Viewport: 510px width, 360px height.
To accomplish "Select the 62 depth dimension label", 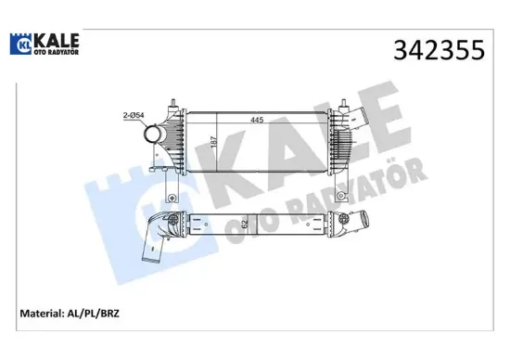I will (x=218, y=223).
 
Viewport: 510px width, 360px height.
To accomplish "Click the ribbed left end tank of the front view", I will (x=173, y=139).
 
